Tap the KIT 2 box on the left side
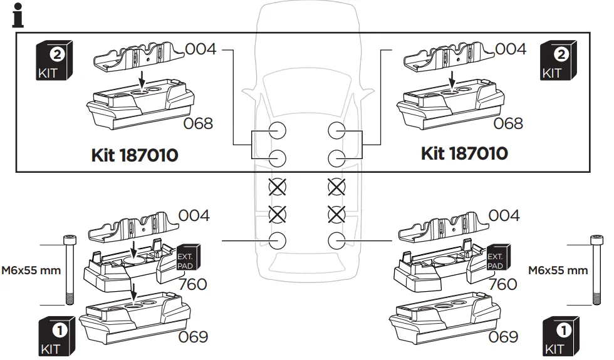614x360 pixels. [x=55, y=61]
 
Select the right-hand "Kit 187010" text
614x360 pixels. [x=464, y=153]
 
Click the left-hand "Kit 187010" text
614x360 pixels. [x=134, y=155]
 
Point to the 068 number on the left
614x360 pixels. [x=197, y=123]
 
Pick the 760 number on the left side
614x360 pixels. [x=192, y=284]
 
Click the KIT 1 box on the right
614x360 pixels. [x=557, y=336]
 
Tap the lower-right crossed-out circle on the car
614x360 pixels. [x=337, y=214]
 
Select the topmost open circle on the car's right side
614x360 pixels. [x=337, y=130]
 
